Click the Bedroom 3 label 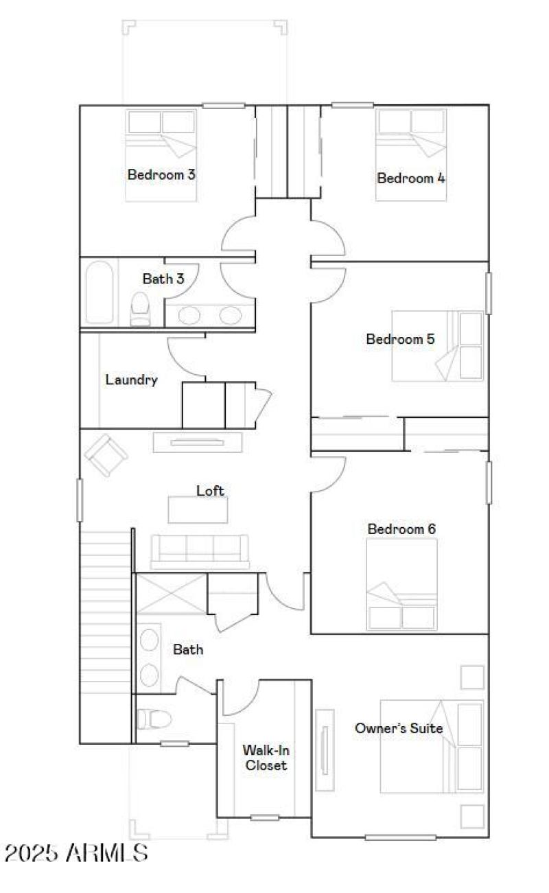(x=161, y=174)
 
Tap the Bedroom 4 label (x=411, y=178)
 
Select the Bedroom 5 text (x=400, y=339)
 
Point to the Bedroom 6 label (x=401, y=529)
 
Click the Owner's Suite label (x=398, y=728)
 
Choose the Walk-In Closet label (x=264, y=758)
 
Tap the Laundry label (x=131, y=380)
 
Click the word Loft (x=210, y=491)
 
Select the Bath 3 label (x=163, y=279)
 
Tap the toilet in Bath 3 (x=141, y=308)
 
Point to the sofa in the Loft (x=199, y=550)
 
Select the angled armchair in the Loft (x=106, y=454)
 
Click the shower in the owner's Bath (x=170, y=594)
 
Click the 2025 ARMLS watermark (x=75, y=853)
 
